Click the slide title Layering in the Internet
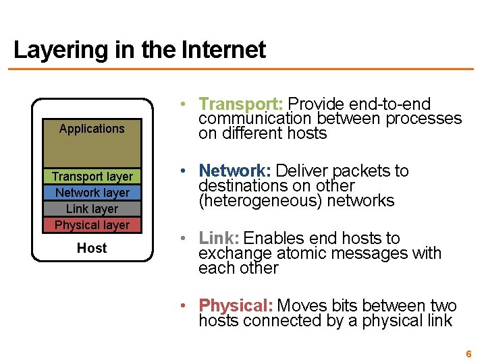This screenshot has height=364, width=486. [x=139, y=50]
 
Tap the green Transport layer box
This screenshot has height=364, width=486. [x=92, y=177]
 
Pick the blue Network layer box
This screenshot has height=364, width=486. [x=92, y=193]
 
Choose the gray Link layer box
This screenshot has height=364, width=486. [x=92, y=209]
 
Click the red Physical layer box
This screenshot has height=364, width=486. [x=92, y=225]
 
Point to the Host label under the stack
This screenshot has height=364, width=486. [x=92, y=248]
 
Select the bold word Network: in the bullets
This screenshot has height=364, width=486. [x=235, y=171]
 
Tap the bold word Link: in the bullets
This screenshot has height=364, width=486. [x=219, y=239]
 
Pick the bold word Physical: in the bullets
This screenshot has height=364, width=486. [x=236, y=306]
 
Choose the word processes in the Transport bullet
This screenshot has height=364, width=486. [x=424, y=119]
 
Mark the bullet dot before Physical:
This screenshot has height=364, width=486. [x=183, y=307]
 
